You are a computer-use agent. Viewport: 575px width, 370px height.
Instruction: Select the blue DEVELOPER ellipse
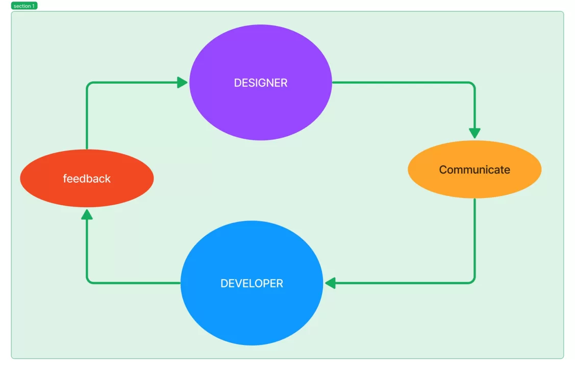(x=252, y=311)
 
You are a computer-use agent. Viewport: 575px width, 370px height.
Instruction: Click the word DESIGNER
(x=260, y=83)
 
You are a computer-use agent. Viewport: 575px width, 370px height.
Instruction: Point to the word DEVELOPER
(x=252, y=283)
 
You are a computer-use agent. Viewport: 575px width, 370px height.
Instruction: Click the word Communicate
(x=474, y=169)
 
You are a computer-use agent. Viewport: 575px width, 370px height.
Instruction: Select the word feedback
(x=87, y=179)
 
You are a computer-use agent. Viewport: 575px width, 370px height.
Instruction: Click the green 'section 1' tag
(x=24, y=6)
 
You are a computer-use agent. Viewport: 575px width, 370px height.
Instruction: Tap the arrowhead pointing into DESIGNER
(x=183, y=82)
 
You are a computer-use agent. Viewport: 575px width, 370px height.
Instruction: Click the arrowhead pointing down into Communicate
(x=474, y=133)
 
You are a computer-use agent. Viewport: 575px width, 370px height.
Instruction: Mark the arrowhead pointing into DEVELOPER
(x=330, y=283)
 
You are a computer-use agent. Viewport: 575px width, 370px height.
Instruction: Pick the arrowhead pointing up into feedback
(x=87, y=214)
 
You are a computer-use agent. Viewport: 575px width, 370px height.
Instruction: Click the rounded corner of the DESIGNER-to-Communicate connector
(x=472, y=85)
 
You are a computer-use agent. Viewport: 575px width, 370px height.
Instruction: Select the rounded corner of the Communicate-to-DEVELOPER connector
(x=472, y=281)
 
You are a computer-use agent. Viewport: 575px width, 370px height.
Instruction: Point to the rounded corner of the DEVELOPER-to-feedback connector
(x=89, y=281)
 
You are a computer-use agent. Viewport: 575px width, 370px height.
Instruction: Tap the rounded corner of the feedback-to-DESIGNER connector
(x=89, y=85)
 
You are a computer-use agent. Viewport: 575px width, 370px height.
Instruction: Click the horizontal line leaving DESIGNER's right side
(x=398, y=82)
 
